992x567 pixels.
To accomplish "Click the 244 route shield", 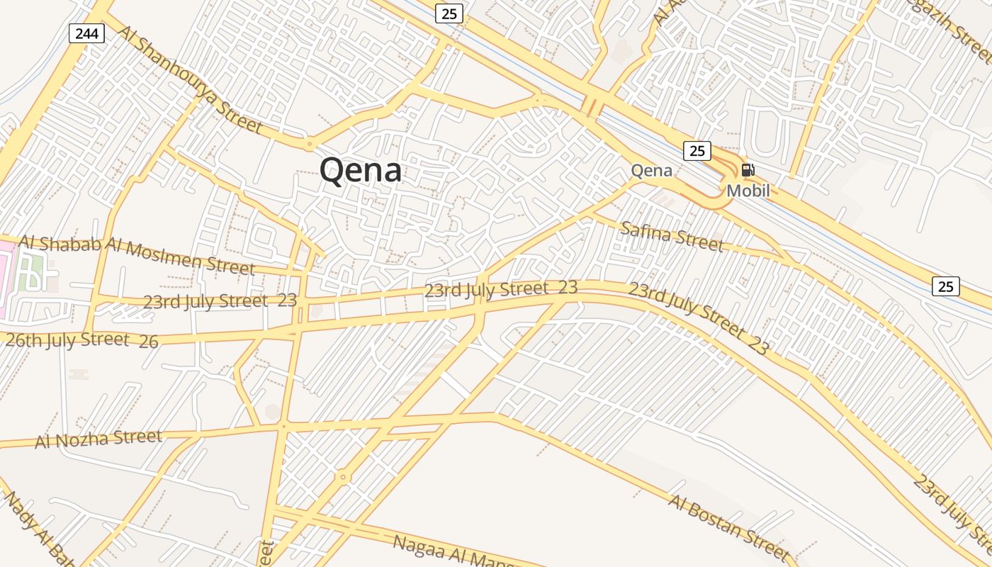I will [87, 33].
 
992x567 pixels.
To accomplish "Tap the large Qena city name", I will [360, 170].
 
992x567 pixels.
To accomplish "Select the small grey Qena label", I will [651, 170].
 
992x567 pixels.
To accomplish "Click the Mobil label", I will [748, 191].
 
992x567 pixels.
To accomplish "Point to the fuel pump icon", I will [748, 170].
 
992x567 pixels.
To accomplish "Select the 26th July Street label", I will [67, 339].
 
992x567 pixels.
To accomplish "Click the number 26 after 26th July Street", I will [149, 342].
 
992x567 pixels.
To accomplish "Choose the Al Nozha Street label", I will [98, 439].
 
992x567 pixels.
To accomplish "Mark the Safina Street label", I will [672, 236].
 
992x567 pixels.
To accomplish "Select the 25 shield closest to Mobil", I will [697, 150].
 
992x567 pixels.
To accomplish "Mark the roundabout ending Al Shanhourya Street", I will [309, 145].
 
